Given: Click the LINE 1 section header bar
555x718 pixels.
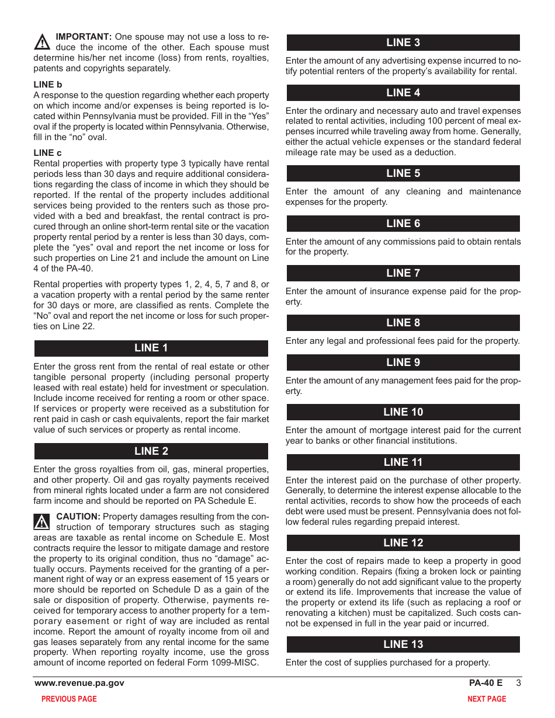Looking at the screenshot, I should click(151, 348).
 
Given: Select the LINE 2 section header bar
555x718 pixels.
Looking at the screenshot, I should click(151, 451).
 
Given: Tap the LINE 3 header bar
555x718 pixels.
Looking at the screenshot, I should click(403, 43).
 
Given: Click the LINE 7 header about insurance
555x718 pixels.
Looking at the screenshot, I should click(403, 273).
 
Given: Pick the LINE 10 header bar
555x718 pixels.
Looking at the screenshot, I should click(403, 412).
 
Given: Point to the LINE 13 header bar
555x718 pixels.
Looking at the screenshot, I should click(403, 644).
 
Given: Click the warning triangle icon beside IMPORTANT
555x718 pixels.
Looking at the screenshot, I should click(42, 42).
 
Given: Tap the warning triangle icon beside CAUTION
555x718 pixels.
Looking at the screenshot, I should click(42, 521).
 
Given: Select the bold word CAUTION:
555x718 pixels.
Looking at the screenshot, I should click(78, 517).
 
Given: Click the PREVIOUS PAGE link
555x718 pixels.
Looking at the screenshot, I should click(69, 699).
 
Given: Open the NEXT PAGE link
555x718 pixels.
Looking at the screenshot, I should click(487, 699).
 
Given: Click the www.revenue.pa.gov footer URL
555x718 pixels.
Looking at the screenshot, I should click(79, 683).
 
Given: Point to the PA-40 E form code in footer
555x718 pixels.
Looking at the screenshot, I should click(485, 683).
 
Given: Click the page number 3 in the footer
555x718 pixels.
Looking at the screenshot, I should click(518, 683).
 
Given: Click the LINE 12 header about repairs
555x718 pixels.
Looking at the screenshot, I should click(403, 543).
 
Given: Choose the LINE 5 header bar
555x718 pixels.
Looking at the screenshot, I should click(403, 173).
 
